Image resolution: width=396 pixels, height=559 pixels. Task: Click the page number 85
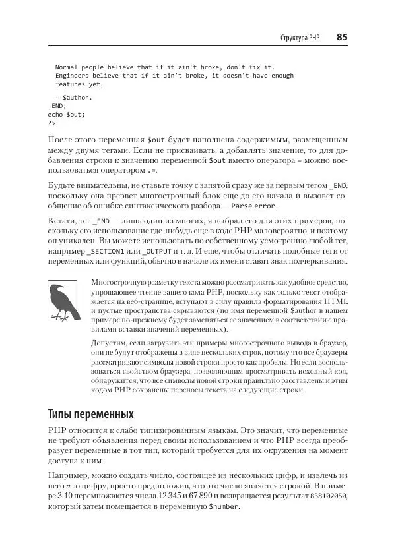pyautogui.click(x=341, y=38)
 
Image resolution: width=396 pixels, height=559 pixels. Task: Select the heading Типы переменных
pyautogui.click(x=90, y=415)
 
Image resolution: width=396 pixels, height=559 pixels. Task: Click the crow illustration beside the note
pyautogui.click(x=63, y=303)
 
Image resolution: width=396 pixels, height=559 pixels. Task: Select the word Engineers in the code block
pyautogui.click(x=73, y=76)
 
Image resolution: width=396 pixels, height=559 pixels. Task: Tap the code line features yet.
pyautogui.click(x=79, y=84)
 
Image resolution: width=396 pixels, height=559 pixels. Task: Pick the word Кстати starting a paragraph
pyautogui.click(x=62, y=220)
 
